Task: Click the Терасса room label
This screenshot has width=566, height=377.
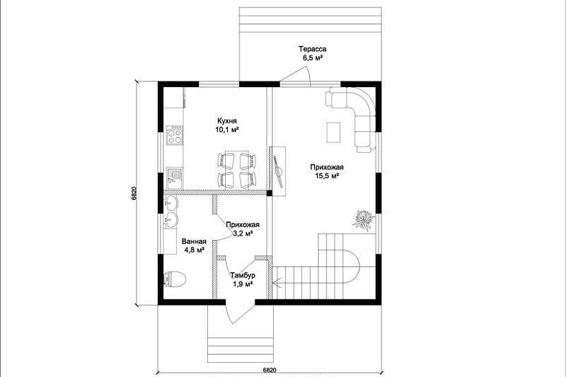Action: point(312,49)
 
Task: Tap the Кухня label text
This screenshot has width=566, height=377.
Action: point(227,121)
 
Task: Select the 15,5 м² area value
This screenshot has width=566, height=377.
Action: point(327,176)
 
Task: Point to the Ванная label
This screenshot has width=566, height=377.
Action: point(194,242)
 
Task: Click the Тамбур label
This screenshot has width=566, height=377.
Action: point(243,276)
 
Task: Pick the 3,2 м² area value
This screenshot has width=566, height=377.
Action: point(243,234)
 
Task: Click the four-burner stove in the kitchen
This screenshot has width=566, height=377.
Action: point(174,135)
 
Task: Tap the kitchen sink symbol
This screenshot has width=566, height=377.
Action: point(174,178)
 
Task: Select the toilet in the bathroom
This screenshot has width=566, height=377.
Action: point(174,278)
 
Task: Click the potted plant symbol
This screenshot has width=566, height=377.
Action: point(363,220)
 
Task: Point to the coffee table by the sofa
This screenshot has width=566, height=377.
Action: point(333,132)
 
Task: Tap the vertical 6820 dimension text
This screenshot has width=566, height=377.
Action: point(134,193)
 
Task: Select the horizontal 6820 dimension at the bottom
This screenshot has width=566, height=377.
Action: point(270,369)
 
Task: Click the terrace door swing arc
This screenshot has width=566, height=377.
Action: point(308,77)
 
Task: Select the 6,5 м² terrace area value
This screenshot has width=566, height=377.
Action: point(313,58)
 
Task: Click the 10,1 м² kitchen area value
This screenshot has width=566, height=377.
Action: point(227,130)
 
